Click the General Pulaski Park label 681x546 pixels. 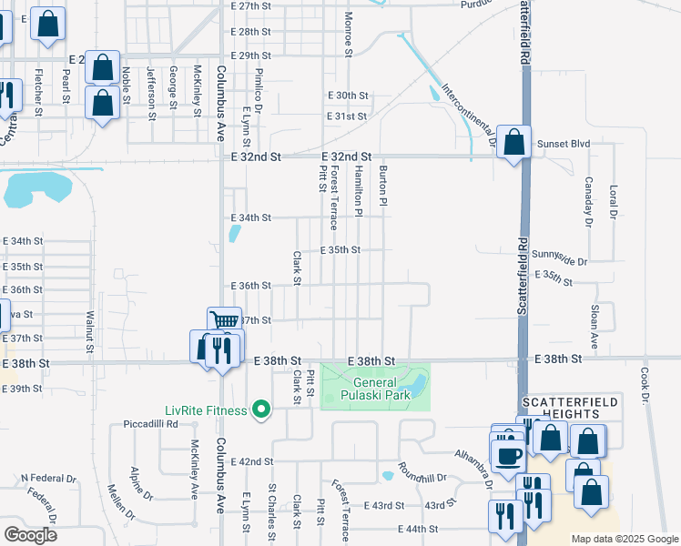click(376, 389)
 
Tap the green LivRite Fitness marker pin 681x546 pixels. click(262, 409)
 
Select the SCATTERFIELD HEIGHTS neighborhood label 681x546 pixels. click(570, 408)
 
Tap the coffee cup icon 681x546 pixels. click(509, 454)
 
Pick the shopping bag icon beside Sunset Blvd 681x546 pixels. click(514, 142)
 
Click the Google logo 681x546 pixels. click(31, 534)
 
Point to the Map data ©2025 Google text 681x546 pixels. click(624, 539)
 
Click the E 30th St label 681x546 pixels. click(347, 96)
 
